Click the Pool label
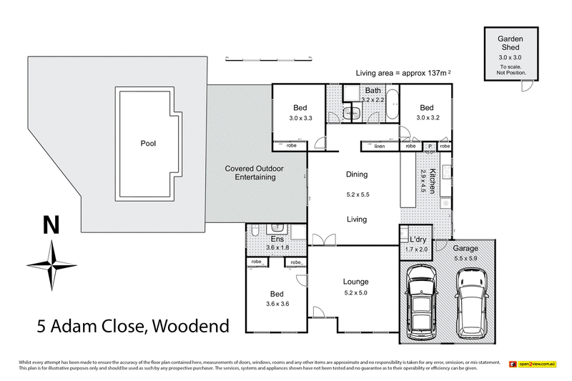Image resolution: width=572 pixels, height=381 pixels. pos(148,143)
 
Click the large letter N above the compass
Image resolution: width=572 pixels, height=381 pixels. pos(51,225)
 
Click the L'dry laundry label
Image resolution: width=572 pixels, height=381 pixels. pos(418,239)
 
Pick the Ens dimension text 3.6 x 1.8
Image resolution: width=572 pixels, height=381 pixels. pos(277,247)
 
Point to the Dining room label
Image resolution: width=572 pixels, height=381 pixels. pos(356,174)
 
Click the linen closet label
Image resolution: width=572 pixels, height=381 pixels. pos(379,146)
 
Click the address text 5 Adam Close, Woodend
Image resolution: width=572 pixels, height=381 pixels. pos(133,327)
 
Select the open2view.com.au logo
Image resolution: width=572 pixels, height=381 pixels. pos(533,365)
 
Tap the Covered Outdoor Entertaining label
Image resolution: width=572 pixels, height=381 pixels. pos(254,172)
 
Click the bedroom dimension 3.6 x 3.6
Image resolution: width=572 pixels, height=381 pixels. pos(277,303)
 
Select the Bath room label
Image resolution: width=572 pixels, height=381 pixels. pos(373,91)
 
